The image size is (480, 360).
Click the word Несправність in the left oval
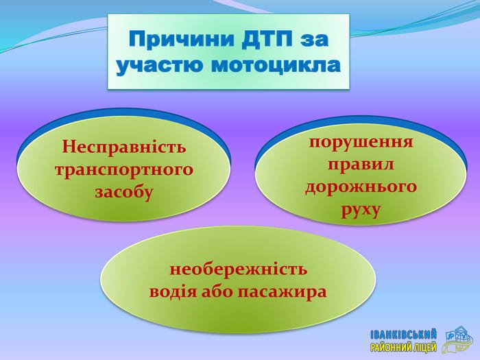pos(124,146)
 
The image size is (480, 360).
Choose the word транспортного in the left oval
pos(124,170)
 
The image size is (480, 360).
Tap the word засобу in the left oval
pos(123,192)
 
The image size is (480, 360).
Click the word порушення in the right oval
pos(361,143)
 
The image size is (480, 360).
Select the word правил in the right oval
pos(361,165)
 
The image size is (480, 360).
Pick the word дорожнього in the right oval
pos(361,187)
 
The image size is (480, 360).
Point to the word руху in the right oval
pos(361,211)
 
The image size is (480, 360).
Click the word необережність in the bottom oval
pos(238,269)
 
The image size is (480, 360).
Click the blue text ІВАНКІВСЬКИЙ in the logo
pos(403,335)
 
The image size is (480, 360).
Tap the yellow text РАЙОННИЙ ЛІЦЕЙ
pos(403,347)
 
